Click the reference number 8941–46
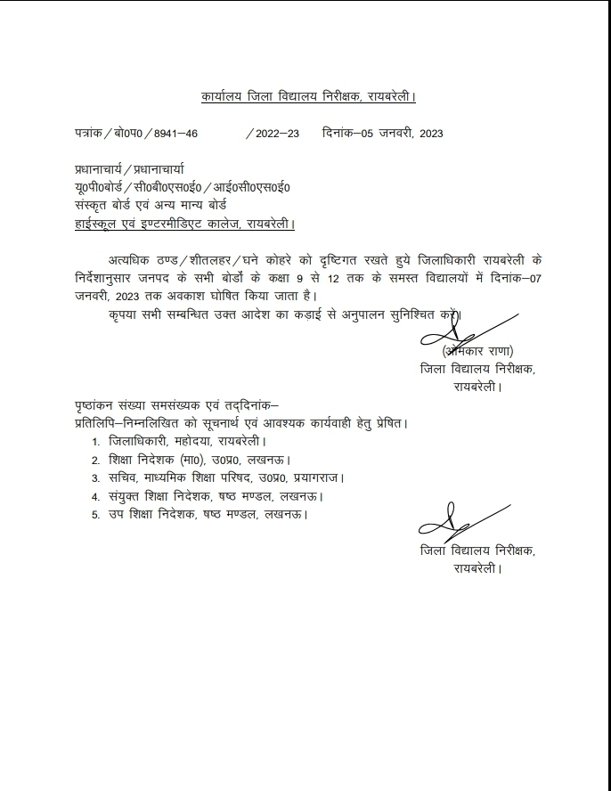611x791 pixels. coord(175,134)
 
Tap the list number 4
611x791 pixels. coord(95,496)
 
